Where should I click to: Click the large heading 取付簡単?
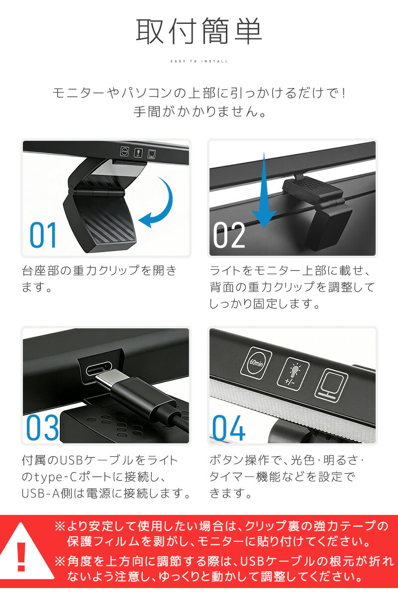click(199, 31)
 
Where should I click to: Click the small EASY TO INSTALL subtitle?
click(199, 61)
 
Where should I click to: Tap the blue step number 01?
click(43, 235)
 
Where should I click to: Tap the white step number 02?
click(229, 235)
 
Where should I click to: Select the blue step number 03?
click(42, 427)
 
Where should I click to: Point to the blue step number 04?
click(228, 427)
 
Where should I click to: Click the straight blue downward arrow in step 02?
click(264, 190)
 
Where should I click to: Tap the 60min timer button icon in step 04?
click(256, 363)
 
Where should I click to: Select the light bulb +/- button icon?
click(293, 374)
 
